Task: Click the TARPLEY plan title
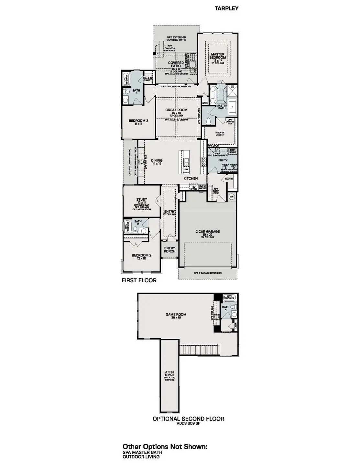(226, 8)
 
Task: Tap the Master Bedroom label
(218, 56)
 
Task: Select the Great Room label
(176, 110)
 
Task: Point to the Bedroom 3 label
(138, 121)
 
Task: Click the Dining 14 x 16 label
(157, 161)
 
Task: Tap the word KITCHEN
(191, 178)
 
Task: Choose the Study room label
(142, 200)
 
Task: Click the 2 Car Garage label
(207, 232)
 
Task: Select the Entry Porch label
(169, 250)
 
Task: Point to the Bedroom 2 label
(141, 255)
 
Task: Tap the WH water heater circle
(232, 196)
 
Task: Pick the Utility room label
(223, 160)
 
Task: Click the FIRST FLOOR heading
(139, 280)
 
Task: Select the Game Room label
(176, 315)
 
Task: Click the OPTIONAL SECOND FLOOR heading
(188, 419)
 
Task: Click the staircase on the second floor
(192, 350)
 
